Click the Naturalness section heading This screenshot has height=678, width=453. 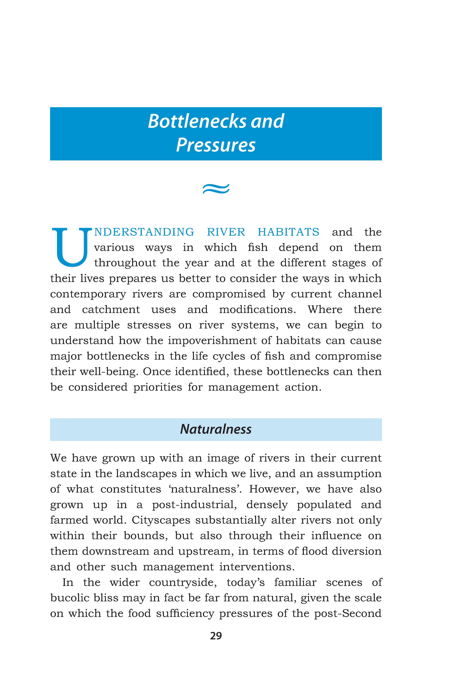click(216, 429)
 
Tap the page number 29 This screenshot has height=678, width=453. click(216, 636)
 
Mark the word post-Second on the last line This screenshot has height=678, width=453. click(348, 613)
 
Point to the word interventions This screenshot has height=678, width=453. click(257, 567)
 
